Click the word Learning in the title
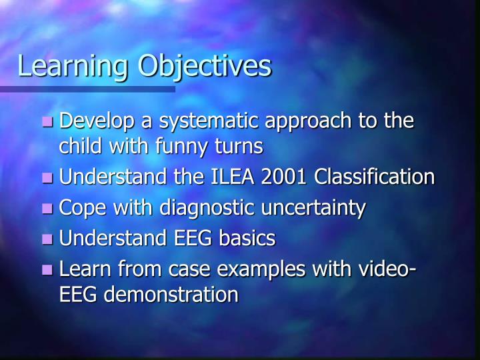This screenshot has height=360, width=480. pos(73,67)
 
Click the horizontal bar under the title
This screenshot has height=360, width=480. pos(87,89)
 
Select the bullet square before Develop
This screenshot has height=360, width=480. pos(47,122)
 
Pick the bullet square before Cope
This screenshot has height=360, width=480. pos(47,209)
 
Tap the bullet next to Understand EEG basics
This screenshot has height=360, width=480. pos(47,239)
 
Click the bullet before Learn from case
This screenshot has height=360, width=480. pos(47,271)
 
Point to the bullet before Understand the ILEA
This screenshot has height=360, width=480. pos(47,178)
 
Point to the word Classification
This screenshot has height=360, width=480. pos(375,177)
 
